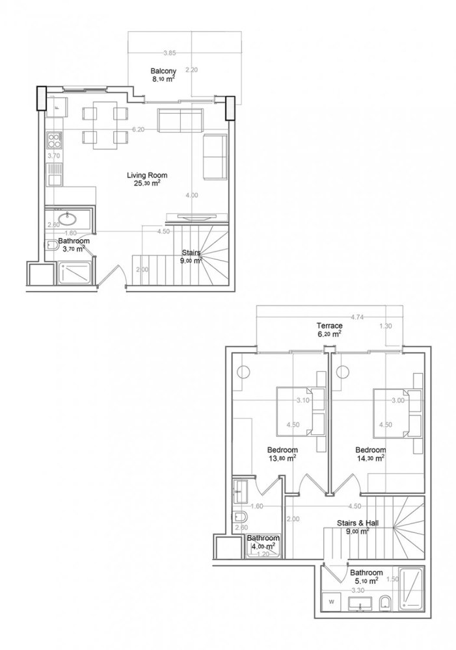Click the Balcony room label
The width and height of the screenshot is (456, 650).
tap(161, 71)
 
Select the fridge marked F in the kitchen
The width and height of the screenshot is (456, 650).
tap(55, 107)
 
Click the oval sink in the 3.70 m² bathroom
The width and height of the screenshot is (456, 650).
tap(67, 219)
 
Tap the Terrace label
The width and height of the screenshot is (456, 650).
tap(329, 325)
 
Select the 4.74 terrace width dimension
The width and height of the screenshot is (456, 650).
tap(356, 317)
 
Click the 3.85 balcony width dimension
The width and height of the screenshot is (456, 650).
tap(170, 53)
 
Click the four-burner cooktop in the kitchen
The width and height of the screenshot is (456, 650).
tap(52, 140)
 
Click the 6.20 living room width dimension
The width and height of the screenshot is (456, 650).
tap(137, 129)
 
